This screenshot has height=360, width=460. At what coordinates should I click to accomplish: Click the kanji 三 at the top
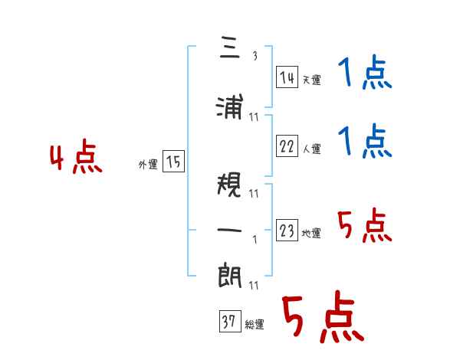(230, 47)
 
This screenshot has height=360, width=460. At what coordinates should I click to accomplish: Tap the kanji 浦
(230, 106)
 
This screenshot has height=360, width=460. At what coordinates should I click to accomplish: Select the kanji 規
(229, 185)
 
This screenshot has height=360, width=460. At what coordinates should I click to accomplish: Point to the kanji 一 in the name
(229, 230)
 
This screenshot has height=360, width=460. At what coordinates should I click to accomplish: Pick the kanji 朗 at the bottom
(230, 275)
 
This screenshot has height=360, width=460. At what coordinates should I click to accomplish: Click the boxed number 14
(287, 77)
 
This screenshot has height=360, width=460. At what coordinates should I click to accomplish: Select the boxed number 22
(287, 146)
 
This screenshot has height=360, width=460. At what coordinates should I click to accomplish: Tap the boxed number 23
(287, 230)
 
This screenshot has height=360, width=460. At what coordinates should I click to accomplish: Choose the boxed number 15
(173, 162)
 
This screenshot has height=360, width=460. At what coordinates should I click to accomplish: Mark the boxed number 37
(230, 321)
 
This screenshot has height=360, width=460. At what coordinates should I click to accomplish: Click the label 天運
(311, 80)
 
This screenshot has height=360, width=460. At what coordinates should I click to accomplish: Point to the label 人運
(311, 149)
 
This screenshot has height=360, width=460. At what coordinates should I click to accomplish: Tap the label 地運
(311, 233)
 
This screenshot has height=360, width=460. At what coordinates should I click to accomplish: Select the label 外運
(148, 165)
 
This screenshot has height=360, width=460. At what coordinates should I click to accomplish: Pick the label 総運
(255, 325)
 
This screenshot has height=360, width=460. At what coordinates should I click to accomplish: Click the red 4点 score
(76, 156)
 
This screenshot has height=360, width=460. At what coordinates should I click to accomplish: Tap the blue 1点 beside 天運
(365, 72)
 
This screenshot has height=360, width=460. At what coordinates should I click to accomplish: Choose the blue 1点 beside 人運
(365, 141)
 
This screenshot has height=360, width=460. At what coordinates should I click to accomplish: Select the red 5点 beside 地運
(365, 225)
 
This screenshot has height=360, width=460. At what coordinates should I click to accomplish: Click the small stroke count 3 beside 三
(255, 56)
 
